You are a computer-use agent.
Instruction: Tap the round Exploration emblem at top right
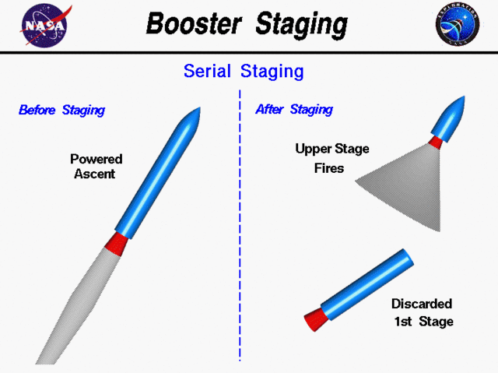tap(458, 25)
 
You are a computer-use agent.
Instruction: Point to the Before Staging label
tap(61, 110)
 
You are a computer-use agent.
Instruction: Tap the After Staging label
tap(294, 110)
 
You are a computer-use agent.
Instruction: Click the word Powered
tap(96, 159)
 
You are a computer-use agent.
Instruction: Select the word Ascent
tap(95, 174)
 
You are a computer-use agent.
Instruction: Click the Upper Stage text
tap(332, 149)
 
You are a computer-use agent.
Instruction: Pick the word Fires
tap(329, 167)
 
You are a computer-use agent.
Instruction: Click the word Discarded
tap(421, 304)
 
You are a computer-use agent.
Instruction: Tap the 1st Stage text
tap(423, 321)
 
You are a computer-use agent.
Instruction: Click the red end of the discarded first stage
tap(314, 318)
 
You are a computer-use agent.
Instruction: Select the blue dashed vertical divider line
tap(240, 234)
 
